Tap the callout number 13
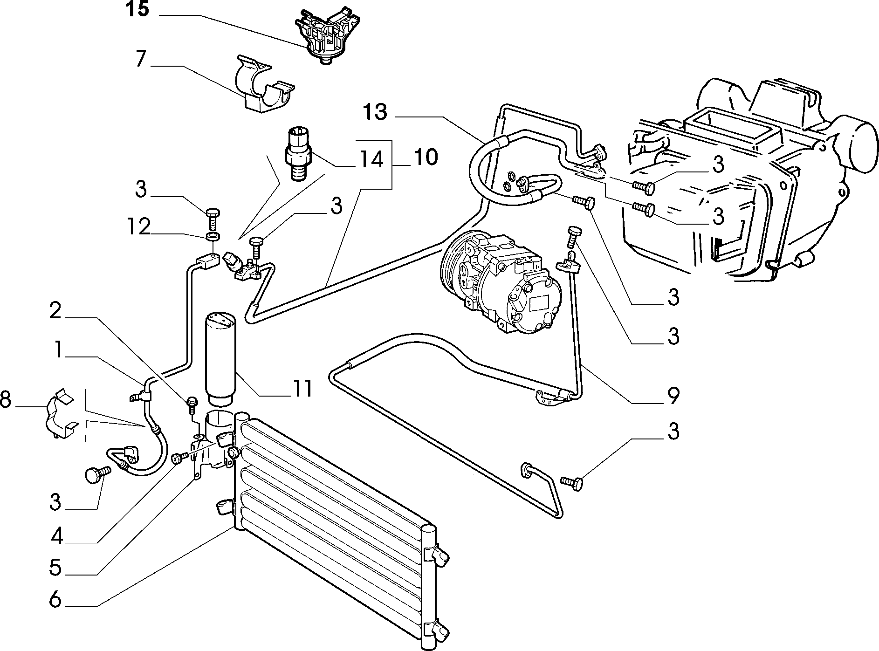[376, 112]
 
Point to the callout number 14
[371, 159]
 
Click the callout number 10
[425, 157]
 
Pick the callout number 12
[138, 227]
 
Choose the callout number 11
[302, 388]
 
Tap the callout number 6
[55, 600]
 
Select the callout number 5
[55, 568]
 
